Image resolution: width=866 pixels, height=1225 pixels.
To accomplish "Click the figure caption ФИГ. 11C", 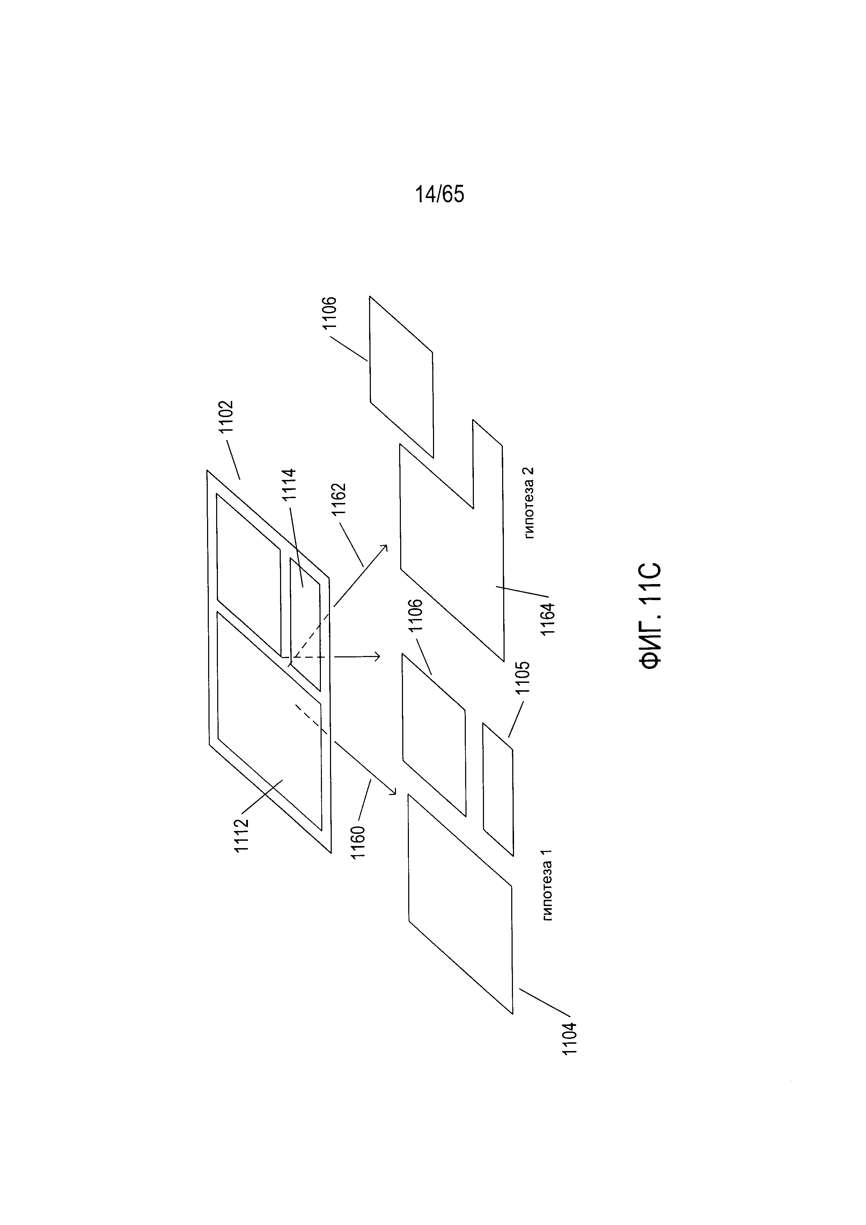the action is coord(651,615).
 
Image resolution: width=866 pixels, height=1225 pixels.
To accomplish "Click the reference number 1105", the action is coord(523,677).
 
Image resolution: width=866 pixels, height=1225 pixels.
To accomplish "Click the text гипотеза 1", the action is coord(546,884).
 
